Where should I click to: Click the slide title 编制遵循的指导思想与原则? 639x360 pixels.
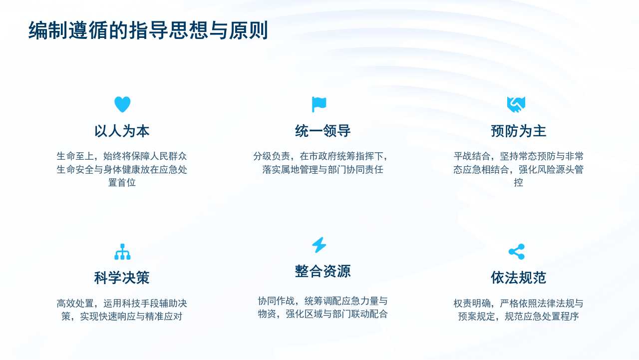coord(148,30)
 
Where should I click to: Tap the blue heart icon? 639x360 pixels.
coord(122,104)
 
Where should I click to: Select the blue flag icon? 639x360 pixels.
coord(319,104)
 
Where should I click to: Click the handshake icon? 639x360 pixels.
coord(516,104)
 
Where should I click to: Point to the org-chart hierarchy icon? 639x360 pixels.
coord(122,252)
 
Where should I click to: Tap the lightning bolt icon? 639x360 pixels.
coord(319,245)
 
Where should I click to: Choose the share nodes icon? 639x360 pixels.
coord(516,252)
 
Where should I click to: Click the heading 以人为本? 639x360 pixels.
coord(122,131)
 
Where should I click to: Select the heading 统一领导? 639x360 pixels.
coord(322,131)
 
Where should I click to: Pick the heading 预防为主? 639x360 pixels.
coord(518,131)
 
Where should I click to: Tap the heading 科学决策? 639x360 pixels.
coord(122,278)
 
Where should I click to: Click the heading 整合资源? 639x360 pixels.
coord(322,271)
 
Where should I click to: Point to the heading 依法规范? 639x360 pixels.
coord(518,278)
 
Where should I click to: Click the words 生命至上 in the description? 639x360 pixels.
coord(75,156)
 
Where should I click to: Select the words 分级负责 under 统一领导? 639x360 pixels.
coord(272,156)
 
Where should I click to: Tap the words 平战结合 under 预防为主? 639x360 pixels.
coord(472,156)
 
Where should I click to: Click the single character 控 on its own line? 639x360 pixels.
coord(518,182)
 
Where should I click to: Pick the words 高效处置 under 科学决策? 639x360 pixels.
coord(75,303)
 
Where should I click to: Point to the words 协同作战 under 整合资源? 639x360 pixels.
coord(276,301)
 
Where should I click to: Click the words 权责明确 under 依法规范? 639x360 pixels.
coord(472,303)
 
